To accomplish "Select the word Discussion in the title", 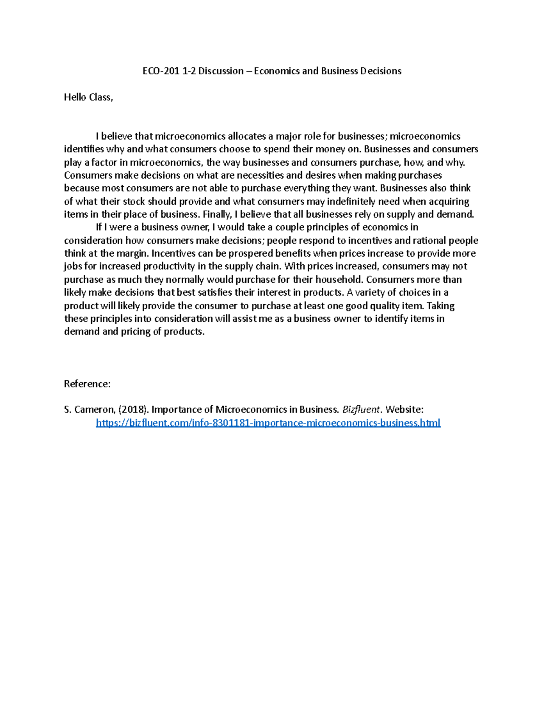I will [x=221, y=71].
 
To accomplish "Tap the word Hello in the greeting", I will [x=75, y=97].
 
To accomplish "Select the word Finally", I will [x=218, y=214].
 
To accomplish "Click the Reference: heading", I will [x=87, y=384].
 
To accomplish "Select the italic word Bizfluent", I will [x=361, y=410].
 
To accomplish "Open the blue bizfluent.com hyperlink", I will [x=268, y=423].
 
